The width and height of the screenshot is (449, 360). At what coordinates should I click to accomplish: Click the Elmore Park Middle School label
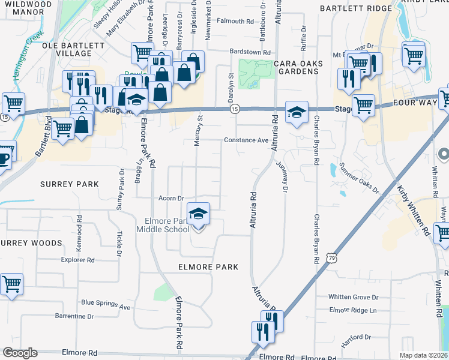(x=163, y=225)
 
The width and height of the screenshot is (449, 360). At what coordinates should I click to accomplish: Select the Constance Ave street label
(x=246, y=140)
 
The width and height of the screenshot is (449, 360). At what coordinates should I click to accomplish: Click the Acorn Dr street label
(x=170, y=198)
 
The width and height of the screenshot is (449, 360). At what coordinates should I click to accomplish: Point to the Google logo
(x=20, y=353)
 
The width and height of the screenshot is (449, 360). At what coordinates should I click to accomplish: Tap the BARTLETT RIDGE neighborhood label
(x=355, y=8)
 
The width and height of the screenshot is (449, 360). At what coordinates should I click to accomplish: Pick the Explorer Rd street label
(x=78, y=260)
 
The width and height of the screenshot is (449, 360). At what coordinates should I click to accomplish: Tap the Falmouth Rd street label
(x=235, y=21)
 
